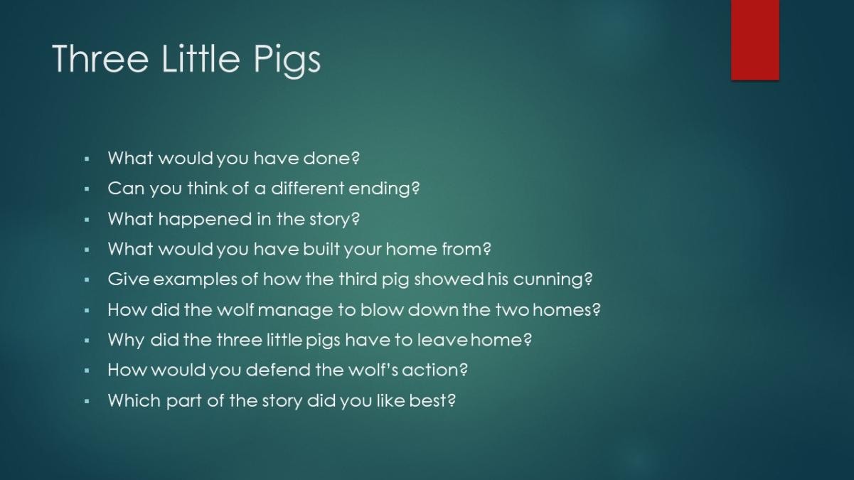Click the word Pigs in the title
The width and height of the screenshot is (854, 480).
tap(287, 60)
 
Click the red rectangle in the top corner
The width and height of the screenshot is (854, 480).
tap(755, 40)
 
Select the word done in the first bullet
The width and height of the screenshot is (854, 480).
tap(331, 158)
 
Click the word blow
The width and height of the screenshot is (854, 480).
tap(382, 309)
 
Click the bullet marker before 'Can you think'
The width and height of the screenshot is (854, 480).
tap(87, 188)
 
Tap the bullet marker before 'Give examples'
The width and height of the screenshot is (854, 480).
tap(87, 279)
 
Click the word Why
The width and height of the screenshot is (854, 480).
tap(126, 341)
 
